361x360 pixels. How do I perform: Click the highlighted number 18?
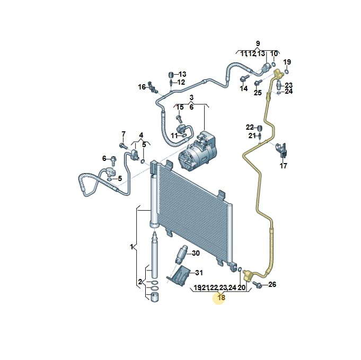coord(221,298)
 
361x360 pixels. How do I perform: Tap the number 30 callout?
coord(196,253)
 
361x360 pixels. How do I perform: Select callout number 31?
coord(199,273)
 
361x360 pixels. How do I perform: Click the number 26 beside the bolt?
coord(272,284)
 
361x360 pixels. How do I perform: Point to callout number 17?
coord(283,166)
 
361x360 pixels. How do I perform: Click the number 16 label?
coord(142,87)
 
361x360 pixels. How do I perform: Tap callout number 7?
coord(124,134)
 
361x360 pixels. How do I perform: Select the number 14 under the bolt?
coord(244,88)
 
